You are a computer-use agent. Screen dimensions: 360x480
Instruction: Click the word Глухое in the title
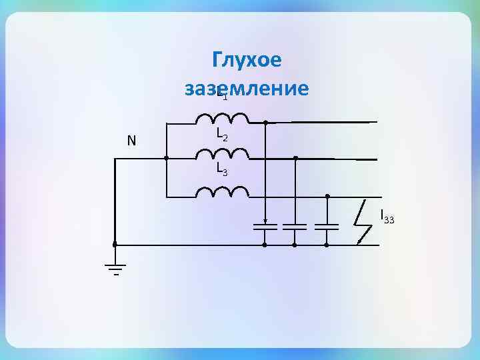click(x=247, y=60)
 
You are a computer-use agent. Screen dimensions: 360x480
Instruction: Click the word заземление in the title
click(x=247, y=88)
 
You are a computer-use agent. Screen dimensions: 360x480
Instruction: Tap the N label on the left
click(x=131, y=141)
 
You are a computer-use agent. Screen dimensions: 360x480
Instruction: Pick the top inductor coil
click(x=222, y=119)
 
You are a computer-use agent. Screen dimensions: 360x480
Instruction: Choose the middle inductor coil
click(x=222, y=154)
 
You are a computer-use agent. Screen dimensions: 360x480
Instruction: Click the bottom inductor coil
click(x=222, y=193)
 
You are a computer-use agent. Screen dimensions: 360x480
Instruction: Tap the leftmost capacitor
click(x=265, y=227)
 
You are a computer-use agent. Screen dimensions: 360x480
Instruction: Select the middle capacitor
click(x=295, y=227)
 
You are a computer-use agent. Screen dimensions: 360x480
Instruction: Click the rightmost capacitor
click(x=327, y=227)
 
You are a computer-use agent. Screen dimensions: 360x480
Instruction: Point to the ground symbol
click(x=115, y=269)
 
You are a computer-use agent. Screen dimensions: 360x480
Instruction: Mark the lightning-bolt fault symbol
click(x=363, y=222)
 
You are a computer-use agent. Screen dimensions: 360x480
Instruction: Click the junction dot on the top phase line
click(x=265, y=123)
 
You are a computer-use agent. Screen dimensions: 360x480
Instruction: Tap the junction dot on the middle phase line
click(x=295, y=159)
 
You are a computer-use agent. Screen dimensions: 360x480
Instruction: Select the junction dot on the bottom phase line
click(x=327, y=196)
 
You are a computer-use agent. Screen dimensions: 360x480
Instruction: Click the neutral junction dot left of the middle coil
click(x=166, y=159)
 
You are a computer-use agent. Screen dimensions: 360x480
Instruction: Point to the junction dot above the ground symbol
click(x=115, y=245)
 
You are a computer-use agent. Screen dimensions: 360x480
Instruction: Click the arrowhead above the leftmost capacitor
click(x=265, y=221)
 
